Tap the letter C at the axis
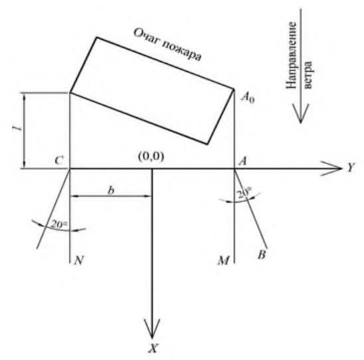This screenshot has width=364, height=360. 59,160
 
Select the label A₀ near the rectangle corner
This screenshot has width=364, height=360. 248,97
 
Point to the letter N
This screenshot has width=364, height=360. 78,260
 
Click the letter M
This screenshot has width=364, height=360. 224,260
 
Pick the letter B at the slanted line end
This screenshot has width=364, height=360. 262,255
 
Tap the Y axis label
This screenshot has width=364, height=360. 351,167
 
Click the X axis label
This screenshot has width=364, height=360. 153,348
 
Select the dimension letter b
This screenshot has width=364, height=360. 111,191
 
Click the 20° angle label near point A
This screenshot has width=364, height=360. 244,193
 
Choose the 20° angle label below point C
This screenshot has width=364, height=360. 59,225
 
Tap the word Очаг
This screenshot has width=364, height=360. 147,37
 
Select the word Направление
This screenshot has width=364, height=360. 292,55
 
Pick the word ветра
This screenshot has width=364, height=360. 308,75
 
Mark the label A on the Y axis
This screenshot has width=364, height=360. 242,161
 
